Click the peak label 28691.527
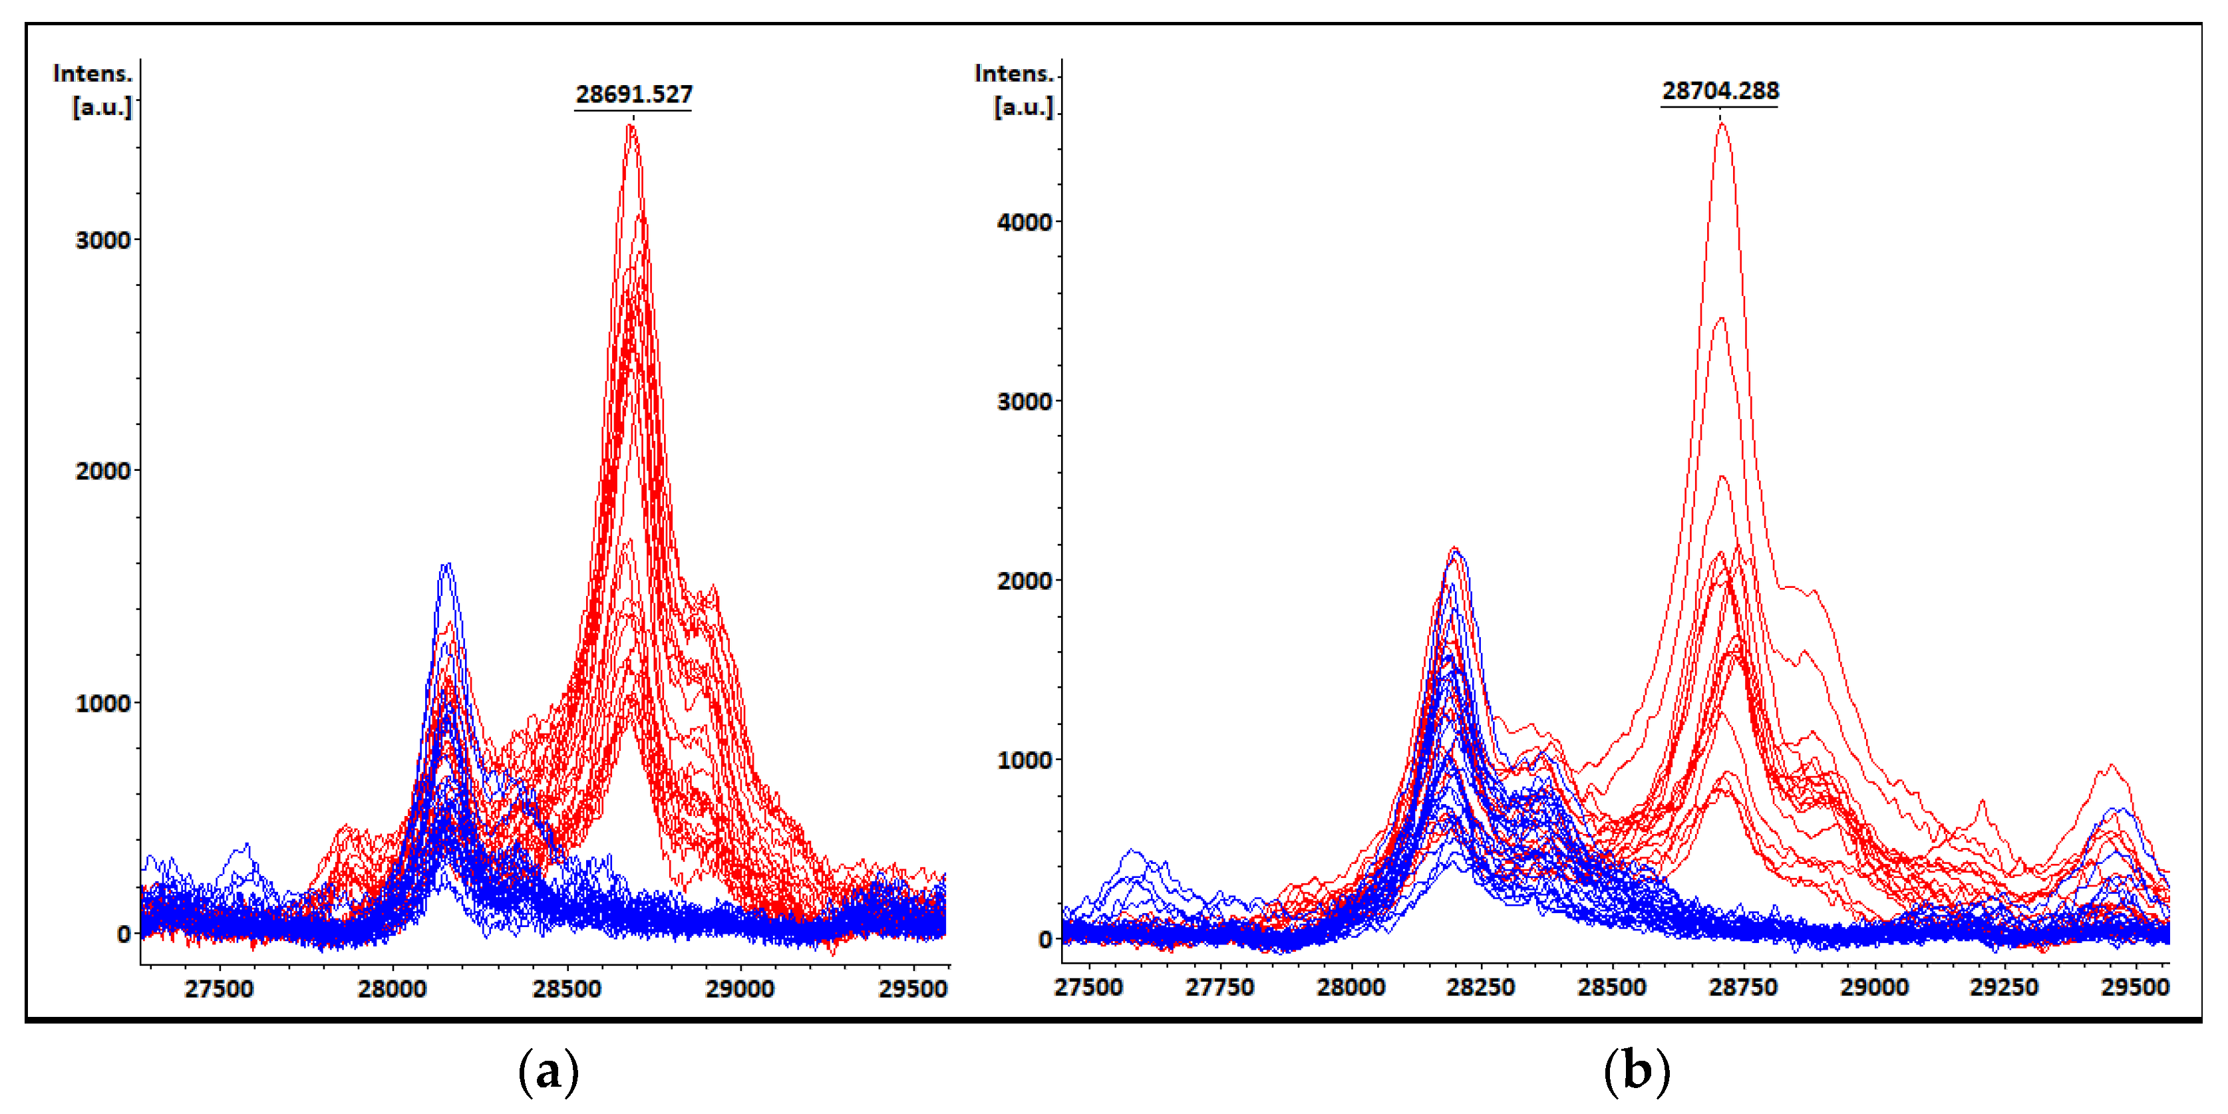pos(634,94)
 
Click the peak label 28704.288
pos(1720,91)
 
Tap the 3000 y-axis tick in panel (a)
pos(103,241)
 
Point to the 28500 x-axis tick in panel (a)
pos(567,988)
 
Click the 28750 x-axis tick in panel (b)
pos(1743,987)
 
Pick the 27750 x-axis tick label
pos(1219,987)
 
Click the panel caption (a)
pos(548,1071)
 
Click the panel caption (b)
pos(1637,1071)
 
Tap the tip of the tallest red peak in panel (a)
pos(631,126)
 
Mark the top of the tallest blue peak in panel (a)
pos(446,566)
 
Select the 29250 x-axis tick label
pos(2004,987)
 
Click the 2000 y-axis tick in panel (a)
pos(103,472)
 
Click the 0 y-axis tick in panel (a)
pos(124,935)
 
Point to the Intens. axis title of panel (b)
pos(1014,74)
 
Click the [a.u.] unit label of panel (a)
pos(102,107)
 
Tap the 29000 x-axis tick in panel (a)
pos(740,988)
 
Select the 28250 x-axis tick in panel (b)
pos(1481,987)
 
